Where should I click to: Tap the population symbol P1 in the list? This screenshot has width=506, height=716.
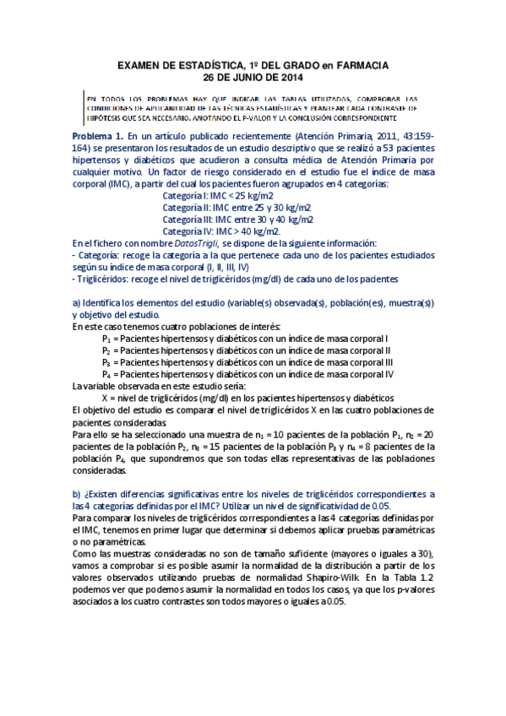point(106,338)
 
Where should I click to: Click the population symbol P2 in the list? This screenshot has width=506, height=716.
point(106,350)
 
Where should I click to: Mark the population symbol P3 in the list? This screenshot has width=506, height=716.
point(106,361)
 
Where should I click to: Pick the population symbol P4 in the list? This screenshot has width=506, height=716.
point(106,373)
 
